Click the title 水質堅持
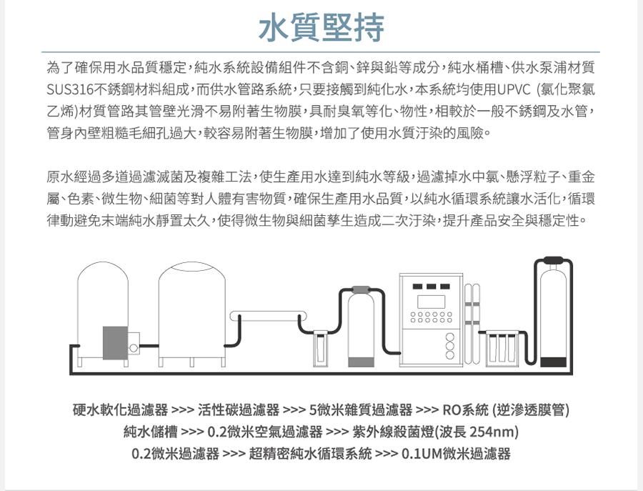pos(322,27)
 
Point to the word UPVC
pos(514,89)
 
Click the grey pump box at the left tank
pos(115,343)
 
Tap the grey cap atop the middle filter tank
pos(362,289)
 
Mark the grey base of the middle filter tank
pos(361,362)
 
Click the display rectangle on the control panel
pos(431,302)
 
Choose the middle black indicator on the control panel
pos(431,287)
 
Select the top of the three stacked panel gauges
pos(450,337)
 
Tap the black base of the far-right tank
pos(553,362)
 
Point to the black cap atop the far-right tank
pos(553,260)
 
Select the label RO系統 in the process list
pos(466,410)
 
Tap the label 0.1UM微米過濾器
pos(456,454)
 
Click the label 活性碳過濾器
pos(239,410)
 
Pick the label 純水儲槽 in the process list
pos(151,432)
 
